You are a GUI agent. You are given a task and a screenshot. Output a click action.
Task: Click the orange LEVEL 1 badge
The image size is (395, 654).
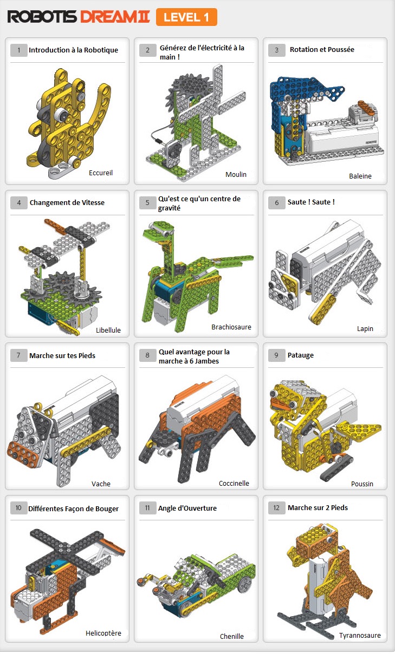point(186,17)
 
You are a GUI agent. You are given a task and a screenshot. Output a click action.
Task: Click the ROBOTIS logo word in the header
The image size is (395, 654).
point(42,17)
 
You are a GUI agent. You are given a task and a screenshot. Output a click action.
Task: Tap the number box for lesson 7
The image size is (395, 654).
point(19,355)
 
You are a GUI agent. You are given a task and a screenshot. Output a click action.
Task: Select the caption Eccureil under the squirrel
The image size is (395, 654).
point(101,173)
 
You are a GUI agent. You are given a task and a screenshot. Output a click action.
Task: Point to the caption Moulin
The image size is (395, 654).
point(236,174)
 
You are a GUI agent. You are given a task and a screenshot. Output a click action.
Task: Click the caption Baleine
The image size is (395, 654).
point(360,176)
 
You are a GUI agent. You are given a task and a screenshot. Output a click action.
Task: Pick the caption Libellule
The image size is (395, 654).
point(108,330)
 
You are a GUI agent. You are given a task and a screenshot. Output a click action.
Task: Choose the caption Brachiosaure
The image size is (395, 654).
point(231,327)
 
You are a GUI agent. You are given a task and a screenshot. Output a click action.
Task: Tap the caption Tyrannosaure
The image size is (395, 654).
point(360,635)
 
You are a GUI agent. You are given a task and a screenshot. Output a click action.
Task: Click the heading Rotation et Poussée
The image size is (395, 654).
point(322,50)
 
